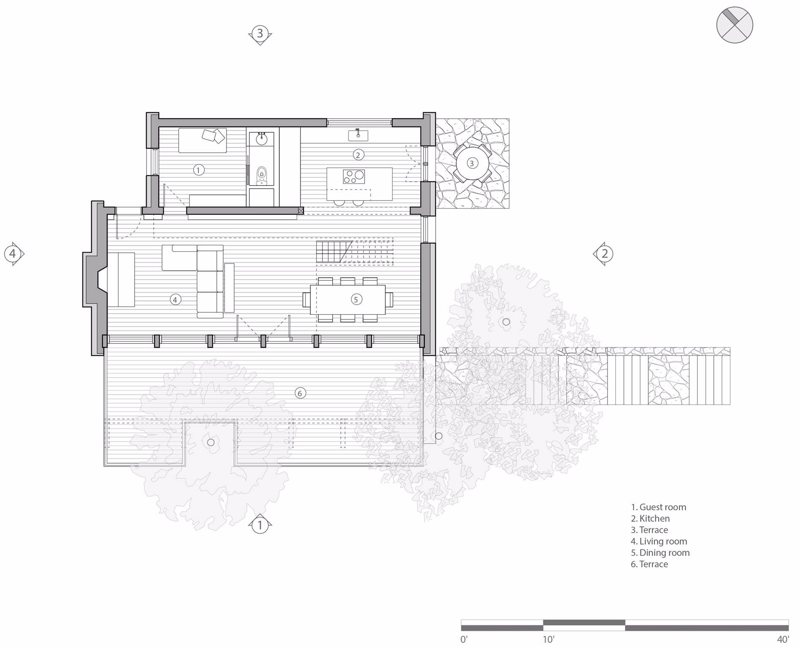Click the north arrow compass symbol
[734, 25]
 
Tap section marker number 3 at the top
[260, 33]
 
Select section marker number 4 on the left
[13, 254]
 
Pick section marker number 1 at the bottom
[260, 526]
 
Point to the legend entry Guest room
[658, 507]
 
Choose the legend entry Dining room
[660, 553]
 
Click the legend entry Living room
[659, 541]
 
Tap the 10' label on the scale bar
[549, 639]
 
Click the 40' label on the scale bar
[783, 639]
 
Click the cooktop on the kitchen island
[354, 176]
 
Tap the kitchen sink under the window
[358, 135]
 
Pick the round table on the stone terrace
[472, 163]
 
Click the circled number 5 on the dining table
[356, 300]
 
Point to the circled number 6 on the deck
[299, 393]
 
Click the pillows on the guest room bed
[214, 136]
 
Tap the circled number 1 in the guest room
[198, 170]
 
